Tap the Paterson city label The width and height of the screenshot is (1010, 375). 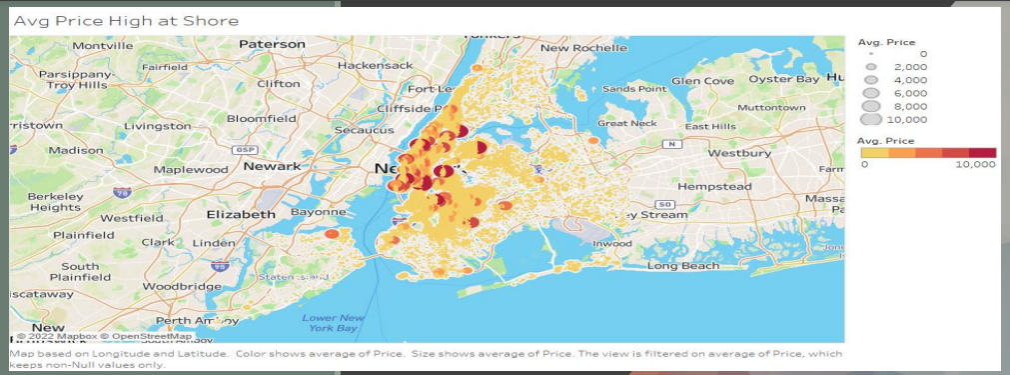[271, 44]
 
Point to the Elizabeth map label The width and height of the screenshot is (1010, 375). [240, 214]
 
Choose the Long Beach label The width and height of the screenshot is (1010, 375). [682, 266]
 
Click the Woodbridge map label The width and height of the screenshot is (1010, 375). [181, 286]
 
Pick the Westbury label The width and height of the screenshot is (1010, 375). [739, 154]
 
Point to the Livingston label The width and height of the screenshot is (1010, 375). [157, 126]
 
